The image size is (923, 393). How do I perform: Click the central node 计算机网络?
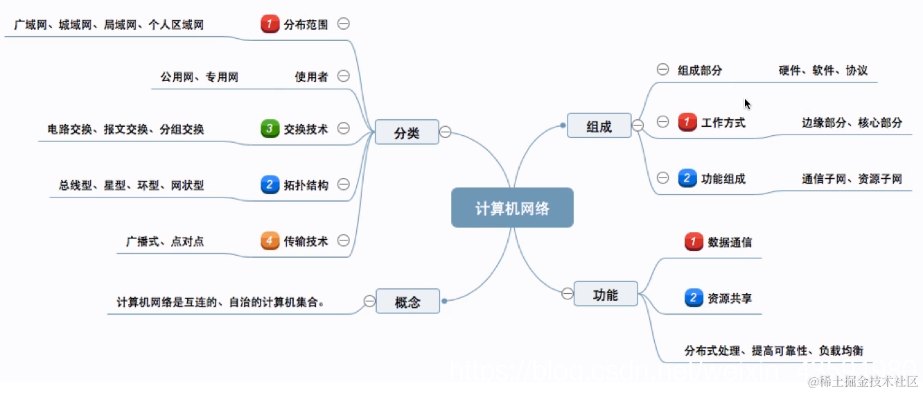512,208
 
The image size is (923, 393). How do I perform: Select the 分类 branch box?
407,132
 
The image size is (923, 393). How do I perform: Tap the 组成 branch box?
599,125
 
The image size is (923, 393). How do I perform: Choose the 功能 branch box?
606,295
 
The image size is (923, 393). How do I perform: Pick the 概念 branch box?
407,302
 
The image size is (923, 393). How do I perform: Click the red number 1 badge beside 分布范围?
270,24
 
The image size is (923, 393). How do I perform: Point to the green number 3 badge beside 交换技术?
270,128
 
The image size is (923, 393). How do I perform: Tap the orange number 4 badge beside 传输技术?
270,241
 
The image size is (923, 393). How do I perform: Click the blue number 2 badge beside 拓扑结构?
270,184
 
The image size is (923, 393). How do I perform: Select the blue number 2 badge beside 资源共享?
694,299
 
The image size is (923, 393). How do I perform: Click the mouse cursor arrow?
747,103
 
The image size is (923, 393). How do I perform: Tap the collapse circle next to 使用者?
343,76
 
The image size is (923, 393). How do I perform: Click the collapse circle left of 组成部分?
662,69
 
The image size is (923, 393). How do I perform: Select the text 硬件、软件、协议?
823,70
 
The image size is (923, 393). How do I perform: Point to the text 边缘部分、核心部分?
852,123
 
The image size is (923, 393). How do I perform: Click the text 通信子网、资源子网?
852,179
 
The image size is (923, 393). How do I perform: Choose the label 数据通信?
730,242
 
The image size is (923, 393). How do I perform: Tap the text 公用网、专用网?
200,77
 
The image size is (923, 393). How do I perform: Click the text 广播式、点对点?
165,242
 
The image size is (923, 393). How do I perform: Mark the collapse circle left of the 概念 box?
369,301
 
